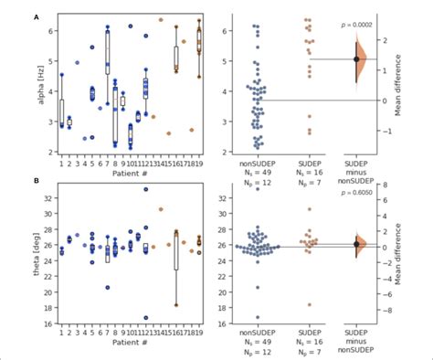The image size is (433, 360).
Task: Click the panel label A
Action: tap(37, 16)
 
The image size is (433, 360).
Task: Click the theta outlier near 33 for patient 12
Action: tap(145, 189)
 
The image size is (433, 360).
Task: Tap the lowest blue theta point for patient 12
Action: tap(145, 317)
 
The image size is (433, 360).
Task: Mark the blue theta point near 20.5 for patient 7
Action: tap(107, 288)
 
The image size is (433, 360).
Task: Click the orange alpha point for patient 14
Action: tap(161, 19)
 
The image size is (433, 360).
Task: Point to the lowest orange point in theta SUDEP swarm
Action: tap(308, 304)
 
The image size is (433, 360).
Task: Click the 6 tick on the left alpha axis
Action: tap(48, 31)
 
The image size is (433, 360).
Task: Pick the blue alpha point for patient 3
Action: tap(77, 63)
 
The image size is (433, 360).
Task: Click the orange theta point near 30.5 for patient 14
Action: tap(161, 209)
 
